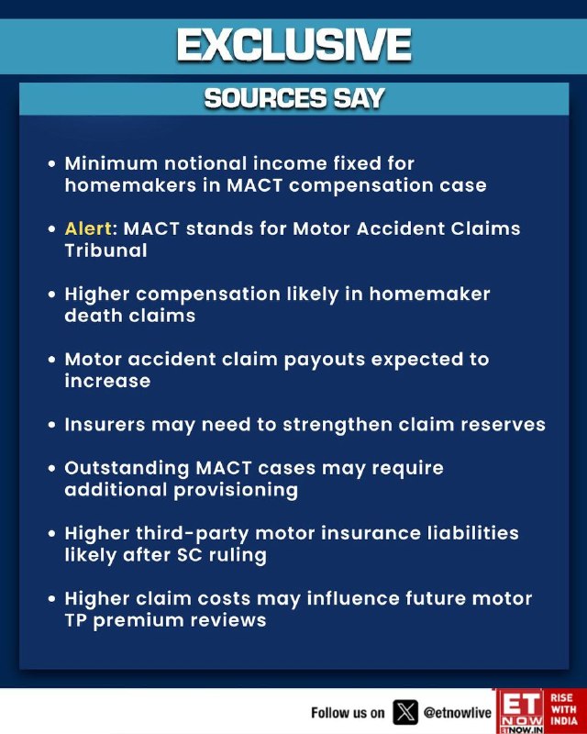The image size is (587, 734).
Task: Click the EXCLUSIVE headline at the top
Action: click(x=294, y=45)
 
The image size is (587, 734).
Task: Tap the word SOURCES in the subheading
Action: click(x=265, y=98)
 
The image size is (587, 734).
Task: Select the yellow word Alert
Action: click(x=88, y=228)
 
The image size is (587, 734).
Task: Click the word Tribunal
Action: click(x=105, y=250)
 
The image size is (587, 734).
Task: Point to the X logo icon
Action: click(x=405, y=713)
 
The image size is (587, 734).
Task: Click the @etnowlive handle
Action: click(x=458, y=713)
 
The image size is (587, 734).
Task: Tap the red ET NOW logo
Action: click(x=520, y=711)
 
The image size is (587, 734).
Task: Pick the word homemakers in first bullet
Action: click(x=130, y=185)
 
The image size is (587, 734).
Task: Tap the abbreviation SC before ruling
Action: click(x=189, y=555)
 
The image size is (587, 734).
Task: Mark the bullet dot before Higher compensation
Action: click(x=52, y=295)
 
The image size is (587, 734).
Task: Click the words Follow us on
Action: click(x=348, y=713)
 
